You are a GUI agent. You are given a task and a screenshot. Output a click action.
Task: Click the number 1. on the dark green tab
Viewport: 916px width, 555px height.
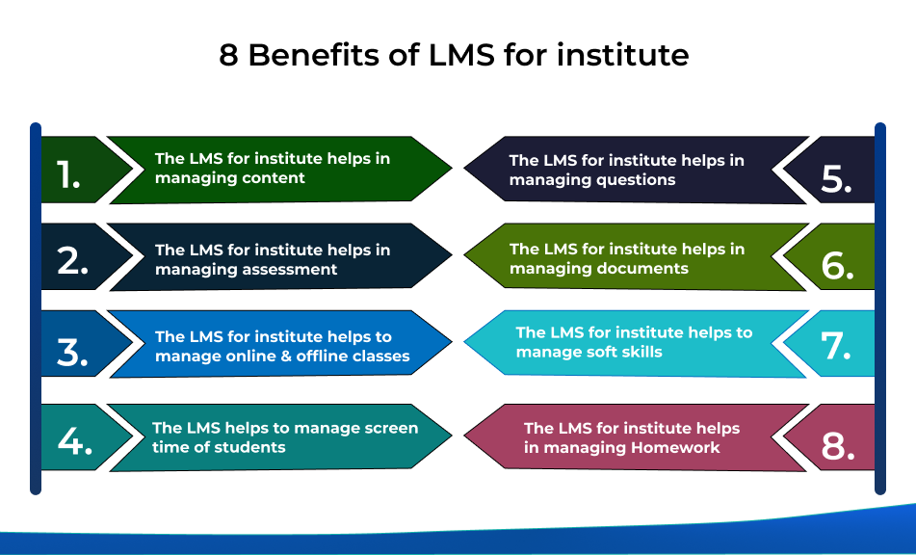pos(68,174)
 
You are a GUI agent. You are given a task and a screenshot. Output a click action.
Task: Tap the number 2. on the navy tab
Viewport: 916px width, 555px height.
pos(73,260)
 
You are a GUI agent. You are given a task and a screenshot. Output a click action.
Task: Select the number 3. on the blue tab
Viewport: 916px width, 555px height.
pos(73,353)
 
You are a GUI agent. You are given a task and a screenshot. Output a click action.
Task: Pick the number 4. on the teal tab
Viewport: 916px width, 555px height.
pos(75,440)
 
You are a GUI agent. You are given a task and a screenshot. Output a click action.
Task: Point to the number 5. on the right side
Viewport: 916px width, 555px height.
pos(837,179)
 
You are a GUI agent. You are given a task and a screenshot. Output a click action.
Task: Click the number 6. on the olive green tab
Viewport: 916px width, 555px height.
pos(838,266)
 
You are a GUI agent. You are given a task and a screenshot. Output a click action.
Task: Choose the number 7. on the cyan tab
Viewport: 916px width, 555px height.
pos(836,346)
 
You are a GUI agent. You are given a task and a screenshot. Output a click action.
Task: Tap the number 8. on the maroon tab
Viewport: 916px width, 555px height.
pos(838,446)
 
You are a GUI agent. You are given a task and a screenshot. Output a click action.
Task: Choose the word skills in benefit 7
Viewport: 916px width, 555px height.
pos(642,352)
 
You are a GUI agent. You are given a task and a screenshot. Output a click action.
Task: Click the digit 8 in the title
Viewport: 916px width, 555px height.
pos(228,56)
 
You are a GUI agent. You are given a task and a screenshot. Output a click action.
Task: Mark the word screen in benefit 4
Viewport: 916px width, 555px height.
pos(391,428)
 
